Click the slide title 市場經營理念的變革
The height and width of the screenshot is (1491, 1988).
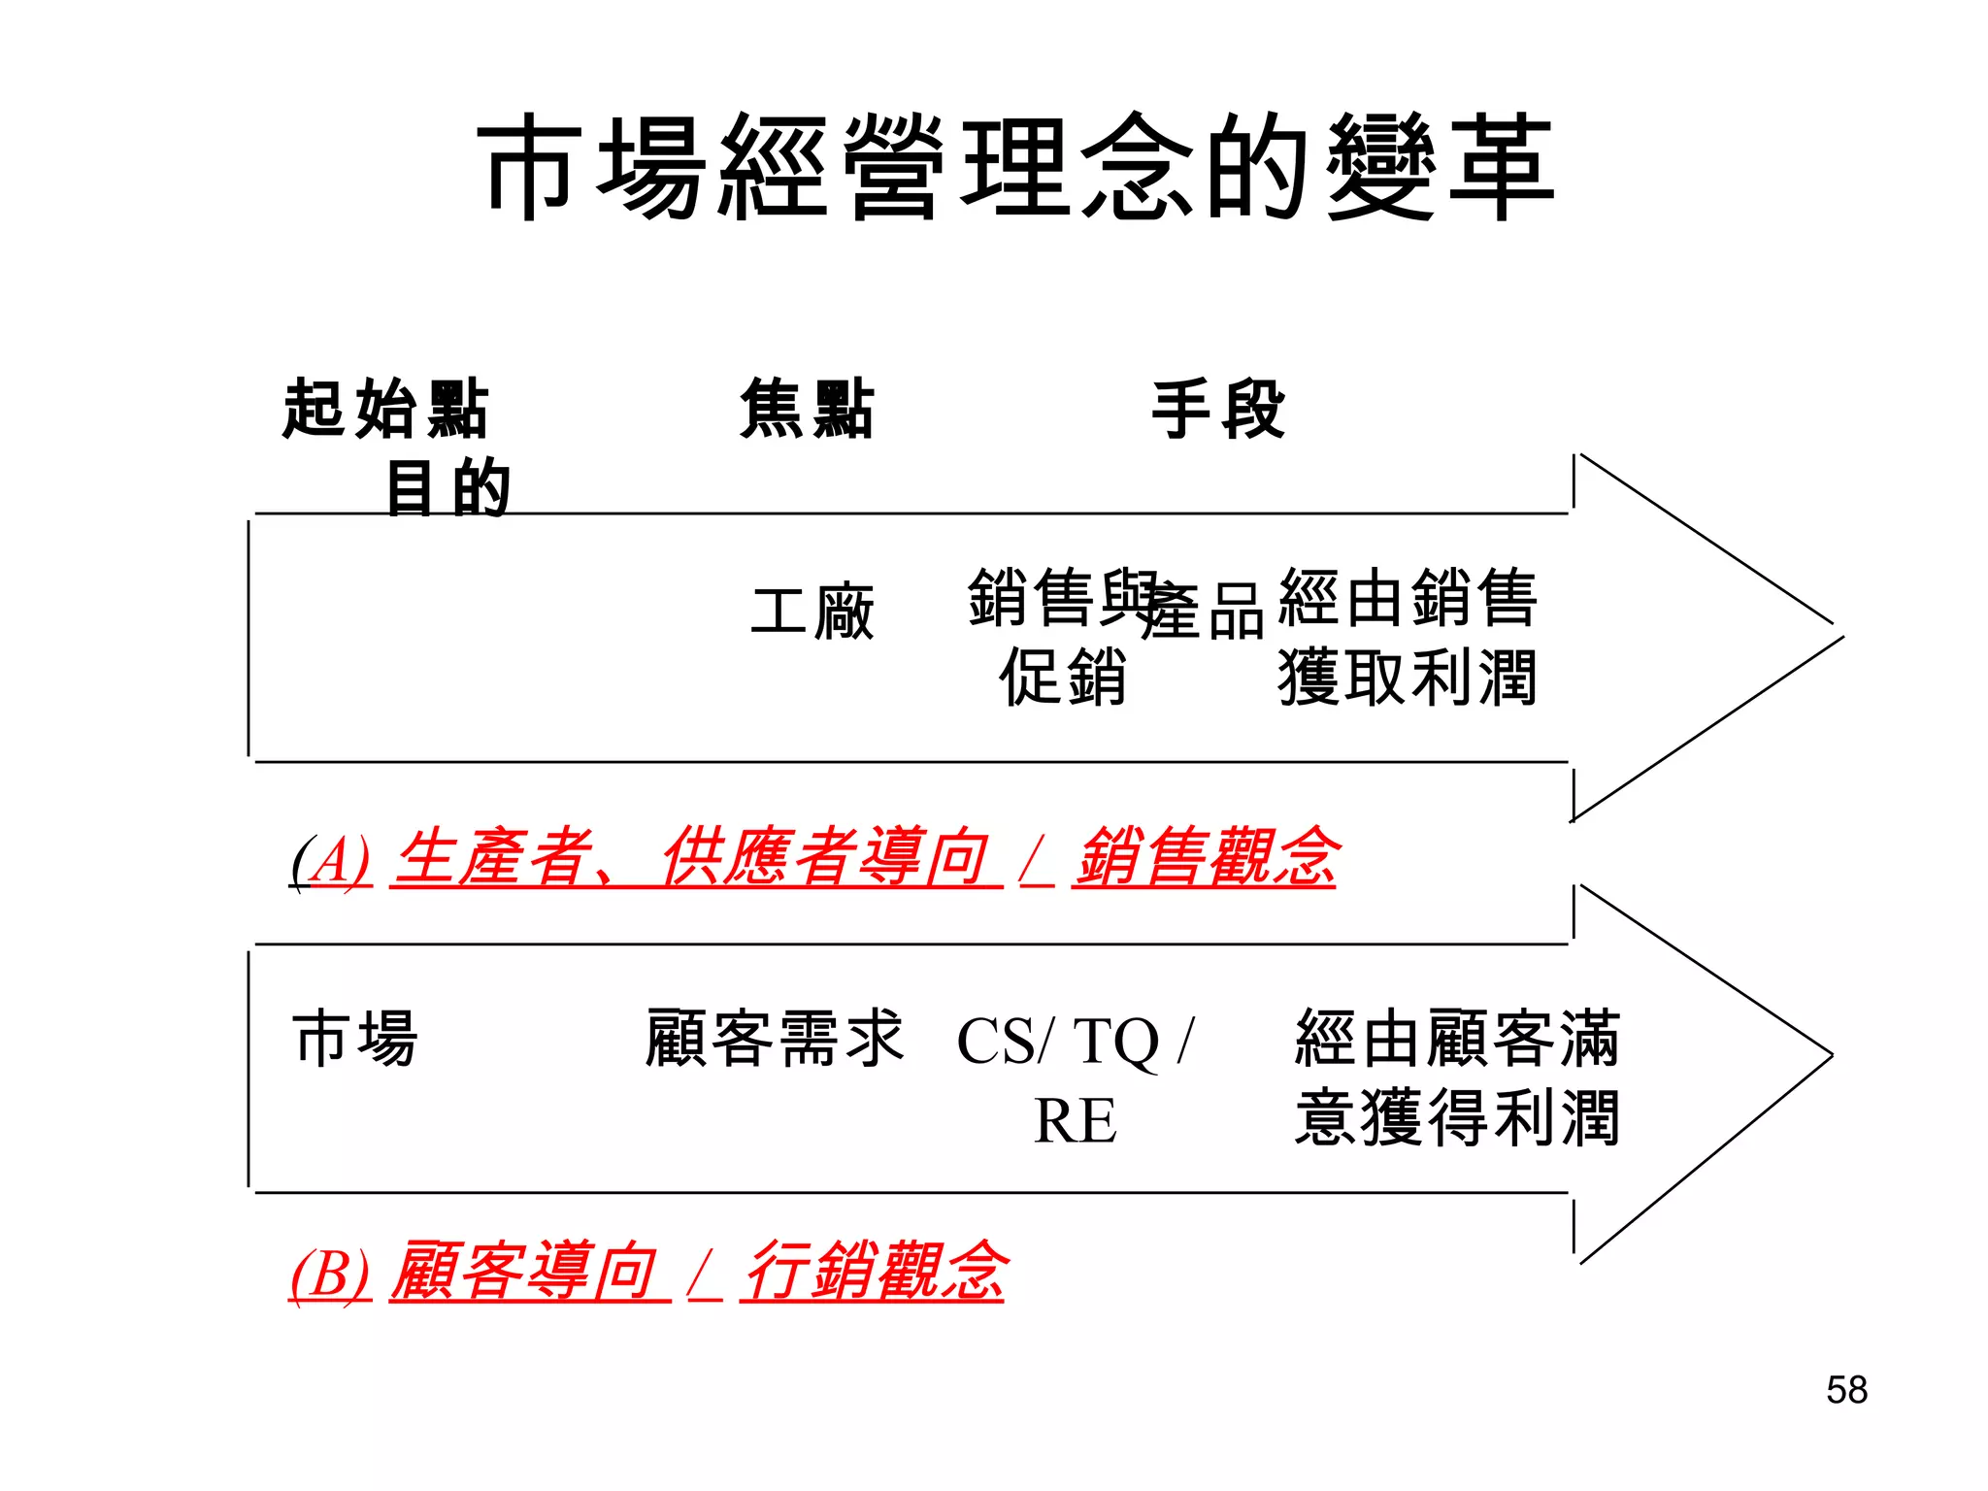point(1015,167)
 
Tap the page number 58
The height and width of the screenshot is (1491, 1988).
point(1846,1389)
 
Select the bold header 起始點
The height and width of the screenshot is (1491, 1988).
point(385,409)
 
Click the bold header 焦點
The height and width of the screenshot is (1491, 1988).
point(807,409)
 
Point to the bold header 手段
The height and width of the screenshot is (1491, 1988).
point(1218,409)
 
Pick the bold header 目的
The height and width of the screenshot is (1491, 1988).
point(447,487)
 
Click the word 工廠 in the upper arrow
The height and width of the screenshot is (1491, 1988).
point(812,613)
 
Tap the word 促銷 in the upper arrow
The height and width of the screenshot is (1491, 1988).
point(1063,677)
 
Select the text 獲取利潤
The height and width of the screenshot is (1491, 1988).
point(1408,677)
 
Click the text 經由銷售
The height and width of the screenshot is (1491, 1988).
point(1408,597)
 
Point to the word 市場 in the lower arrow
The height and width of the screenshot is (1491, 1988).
point(355,1038)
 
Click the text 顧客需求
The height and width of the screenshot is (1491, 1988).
point(775,1038)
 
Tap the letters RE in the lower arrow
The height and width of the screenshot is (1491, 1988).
point(1075,1120)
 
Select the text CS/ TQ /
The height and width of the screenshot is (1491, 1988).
point(1075,1042)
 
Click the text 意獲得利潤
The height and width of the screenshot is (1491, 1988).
point(1456,1118)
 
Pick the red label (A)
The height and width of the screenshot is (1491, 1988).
point(332,859)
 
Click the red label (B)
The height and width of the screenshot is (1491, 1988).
point(330,1272)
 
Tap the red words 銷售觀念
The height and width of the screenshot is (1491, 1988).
point(1206,857)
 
